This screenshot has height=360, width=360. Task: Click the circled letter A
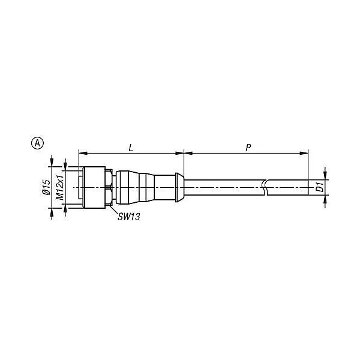pos(37,143)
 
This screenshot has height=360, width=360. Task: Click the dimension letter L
pos(131,148)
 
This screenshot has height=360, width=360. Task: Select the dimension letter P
pos(248,148)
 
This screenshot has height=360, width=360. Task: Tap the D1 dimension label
pos(320,187)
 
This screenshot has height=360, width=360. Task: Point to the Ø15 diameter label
pos(47,187)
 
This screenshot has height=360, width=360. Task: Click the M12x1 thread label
pos(60,187)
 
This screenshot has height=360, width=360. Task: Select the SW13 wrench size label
pos(129,217)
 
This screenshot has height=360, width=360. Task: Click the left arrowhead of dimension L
pos(83,153)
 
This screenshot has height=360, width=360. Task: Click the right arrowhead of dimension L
pos(179,153)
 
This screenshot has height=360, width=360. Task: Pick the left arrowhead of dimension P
pos(188,153)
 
